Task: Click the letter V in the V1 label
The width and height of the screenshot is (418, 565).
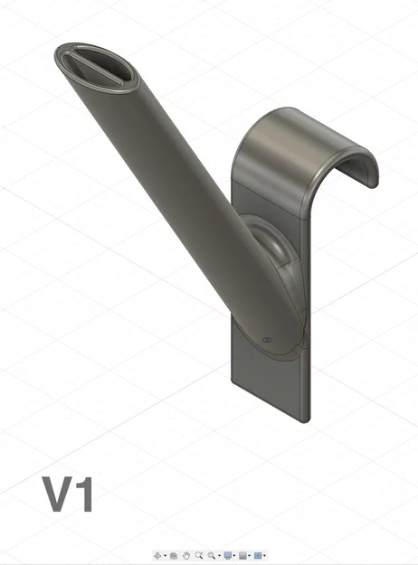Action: (58, 494)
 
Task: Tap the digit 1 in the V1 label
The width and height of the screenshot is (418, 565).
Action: (84, 494)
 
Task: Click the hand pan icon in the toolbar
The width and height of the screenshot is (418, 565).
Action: (186, 554)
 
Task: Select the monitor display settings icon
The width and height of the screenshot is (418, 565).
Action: (228, 554)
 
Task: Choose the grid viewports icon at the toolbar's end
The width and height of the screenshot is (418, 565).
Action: (258, 554)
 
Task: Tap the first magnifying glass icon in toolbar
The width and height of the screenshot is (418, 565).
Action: (198, 554)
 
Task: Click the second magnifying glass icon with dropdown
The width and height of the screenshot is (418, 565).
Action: (211, 554)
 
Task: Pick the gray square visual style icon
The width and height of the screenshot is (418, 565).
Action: (242, 554)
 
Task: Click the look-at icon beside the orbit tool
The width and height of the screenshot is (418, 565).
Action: (173, 554)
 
